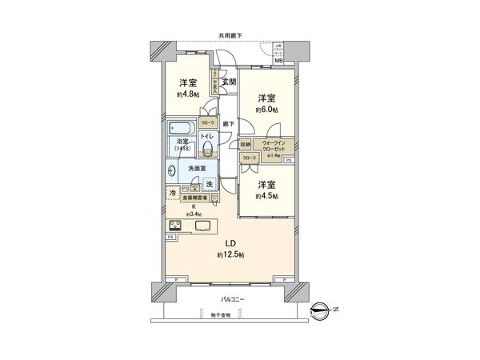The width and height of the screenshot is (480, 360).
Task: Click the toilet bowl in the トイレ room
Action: (x=208, y=149)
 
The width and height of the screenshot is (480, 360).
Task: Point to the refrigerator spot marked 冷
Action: (x=173, y=194)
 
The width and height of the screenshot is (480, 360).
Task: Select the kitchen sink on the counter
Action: (x=202, y=225)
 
